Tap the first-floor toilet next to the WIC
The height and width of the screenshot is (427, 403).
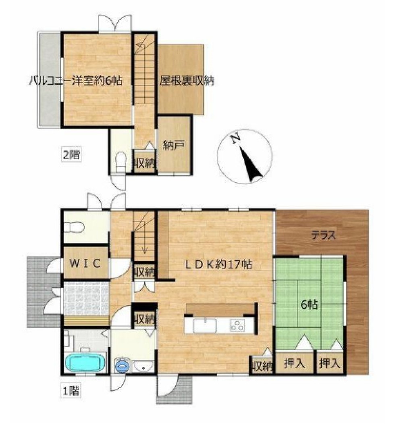pos(74,227)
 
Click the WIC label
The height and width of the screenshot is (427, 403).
pos(85,263)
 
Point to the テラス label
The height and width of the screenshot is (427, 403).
pos(324,235)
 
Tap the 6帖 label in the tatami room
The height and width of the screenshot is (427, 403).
pos(309,304)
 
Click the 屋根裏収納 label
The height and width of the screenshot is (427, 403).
pos(187,81)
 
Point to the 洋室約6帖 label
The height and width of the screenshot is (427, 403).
pos(97,81)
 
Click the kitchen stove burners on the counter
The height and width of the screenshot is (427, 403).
pos(237,325)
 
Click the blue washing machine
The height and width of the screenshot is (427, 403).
pos(122,365)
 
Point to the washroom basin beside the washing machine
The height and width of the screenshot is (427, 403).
pos(143,366)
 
